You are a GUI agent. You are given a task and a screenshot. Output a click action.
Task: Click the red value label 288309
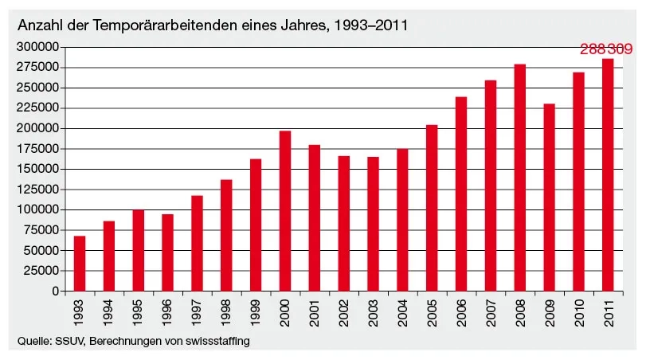606,49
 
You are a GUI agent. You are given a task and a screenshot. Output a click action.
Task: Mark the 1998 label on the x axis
227,311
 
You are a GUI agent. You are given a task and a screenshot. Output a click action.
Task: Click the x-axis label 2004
403,311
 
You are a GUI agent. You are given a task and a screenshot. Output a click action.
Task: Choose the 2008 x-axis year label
520,311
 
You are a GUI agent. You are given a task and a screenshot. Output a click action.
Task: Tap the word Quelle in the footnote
33,342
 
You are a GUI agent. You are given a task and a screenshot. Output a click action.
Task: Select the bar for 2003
373,224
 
